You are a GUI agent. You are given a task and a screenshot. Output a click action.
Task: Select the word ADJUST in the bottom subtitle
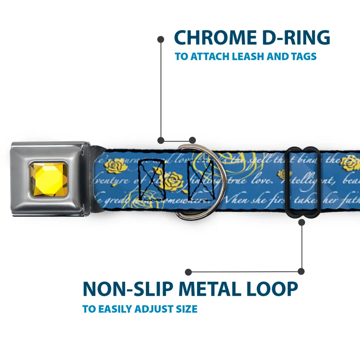coord(150,309)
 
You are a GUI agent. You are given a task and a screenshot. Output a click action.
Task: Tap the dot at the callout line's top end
coord(161,39)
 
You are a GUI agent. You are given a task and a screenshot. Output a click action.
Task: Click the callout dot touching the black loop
coord(301,222)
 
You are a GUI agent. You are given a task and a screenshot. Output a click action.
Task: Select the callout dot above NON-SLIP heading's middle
coord(189,272)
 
